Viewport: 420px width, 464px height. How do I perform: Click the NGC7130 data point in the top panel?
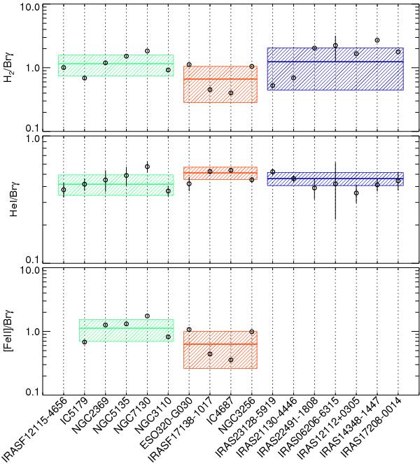coord(147,51)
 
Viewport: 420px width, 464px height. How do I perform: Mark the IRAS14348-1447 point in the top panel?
coord(377,40)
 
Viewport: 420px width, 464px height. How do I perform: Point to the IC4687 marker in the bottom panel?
coord(231,360)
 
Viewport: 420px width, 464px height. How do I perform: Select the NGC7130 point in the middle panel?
coord(147,167)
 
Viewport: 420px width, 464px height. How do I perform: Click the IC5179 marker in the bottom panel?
coord(85,342)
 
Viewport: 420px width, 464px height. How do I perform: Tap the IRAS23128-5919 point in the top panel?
coord(272,85)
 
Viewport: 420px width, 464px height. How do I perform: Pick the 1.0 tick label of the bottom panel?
coord(29,331)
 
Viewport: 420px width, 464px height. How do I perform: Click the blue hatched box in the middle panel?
coord(335,178)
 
